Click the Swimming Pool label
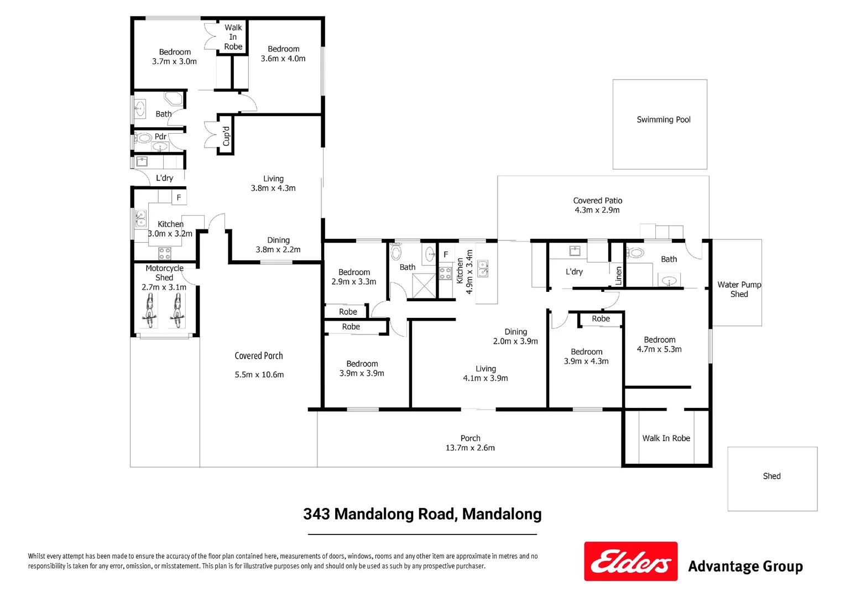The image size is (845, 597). tap(663, 119)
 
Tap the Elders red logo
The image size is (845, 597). tap(630, 561)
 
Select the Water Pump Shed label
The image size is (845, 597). tap(739, 289)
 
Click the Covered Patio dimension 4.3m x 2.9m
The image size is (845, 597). tap(597, 210)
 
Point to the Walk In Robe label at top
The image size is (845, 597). tap(233, 37)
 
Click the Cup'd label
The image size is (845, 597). tap(226, 136)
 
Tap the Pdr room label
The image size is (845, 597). tap(160, 137)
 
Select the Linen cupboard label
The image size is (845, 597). tap(618, 275)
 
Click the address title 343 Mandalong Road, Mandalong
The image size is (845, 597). tap(422, 514)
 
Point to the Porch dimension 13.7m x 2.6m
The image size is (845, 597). tap(470, 448)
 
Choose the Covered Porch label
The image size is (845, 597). tap(258, 356)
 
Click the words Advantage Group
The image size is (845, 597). tap(745, 567)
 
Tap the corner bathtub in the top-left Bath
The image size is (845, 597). tap(174, 100)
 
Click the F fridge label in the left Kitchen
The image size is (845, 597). tap(179, 197)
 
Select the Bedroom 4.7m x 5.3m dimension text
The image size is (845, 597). tap(659, 349)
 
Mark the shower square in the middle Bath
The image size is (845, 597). tap(424, 286)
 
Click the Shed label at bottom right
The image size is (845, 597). tap(771, 476)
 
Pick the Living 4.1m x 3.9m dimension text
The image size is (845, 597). tap(485, 378)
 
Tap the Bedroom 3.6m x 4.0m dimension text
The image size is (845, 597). tap(283, 59)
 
